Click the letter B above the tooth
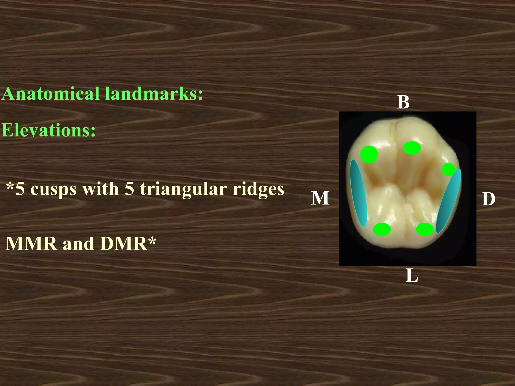[403, 102]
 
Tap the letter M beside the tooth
[320, 198]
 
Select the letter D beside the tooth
[488, 199]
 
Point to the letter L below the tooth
[412, 276]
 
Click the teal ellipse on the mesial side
[358, 193]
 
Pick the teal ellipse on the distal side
[449, 201]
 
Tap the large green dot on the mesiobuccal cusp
[369, 154]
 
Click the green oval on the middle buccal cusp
[412, 148]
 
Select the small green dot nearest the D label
[448, 169]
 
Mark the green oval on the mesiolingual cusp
[382, 229]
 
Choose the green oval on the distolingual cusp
[425, 229]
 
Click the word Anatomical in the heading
[51, 94]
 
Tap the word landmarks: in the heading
[154, 94]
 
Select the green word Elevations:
[49, 130]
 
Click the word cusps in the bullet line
[53, 189]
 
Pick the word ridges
[258, 189]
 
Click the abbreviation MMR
[31, 244]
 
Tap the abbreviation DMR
[123, 244]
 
